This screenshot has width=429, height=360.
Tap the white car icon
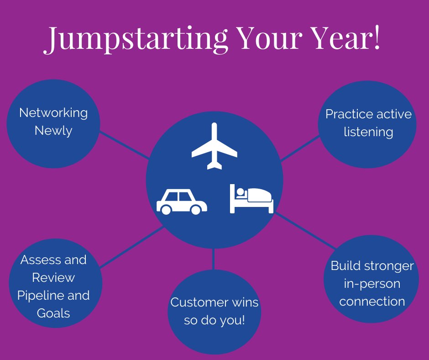[181, 202]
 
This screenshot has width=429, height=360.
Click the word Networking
[53, 112]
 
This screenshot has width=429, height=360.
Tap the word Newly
[53, 131]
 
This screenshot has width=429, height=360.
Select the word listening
[368, 132]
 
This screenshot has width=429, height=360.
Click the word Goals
[54, 313]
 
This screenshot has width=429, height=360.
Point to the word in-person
[371, 284]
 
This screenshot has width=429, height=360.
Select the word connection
[372, 302]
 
